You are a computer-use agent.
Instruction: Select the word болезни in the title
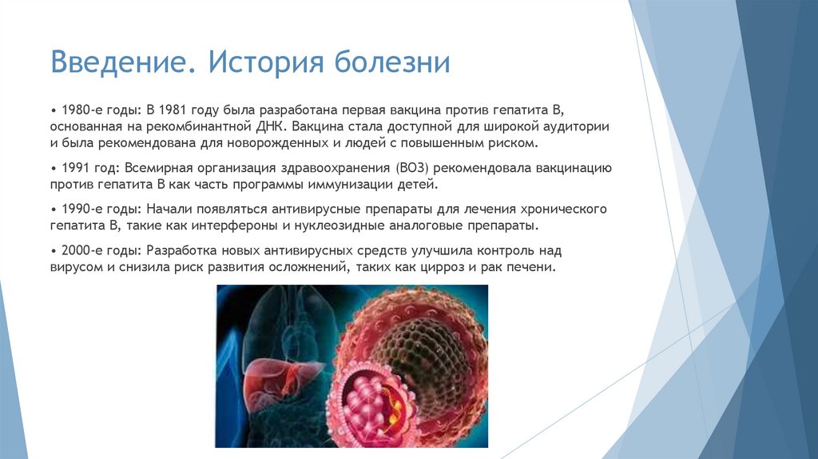pyautogui.click(x=398, y=62)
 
